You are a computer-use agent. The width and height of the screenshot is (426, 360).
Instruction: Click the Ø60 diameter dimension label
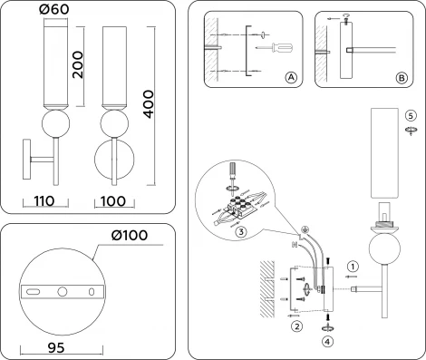pyautogui.click(x=54, y=9)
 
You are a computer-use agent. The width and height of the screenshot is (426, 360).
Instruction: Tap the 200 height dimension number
pyautogui.click(x=78, y=64)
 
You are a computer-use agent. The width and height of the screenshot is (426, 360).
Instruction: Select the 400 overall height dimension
pyautogui.click(x=149, y=104)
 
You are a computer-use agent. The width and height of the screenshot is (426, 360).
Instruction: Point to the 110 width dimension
pyautogui.click(x=44, y=201)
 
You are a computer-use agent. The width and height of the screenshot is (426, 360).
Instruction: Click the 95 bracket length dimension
pyautogui.click(x=56, y=348)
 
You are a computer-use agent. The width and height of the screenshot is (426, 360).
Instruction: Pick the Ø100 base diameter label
pyautogui.click(x=130, y=235)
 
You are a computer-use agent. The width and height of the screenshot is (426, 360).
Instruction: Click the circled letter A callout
pyautogui.click(x=291, y=78)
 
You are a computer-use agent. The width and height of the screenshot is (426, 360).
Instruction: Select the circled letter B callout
pyautogui.click(x=402, y=78)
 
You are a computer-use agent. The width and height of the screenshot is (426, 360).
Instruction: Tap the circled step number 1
pyautogui.click(x=353, y=267)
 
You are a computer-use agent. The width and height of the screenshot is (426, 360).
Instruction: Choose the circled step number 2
pyautogui.click(x=297, y=326)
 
